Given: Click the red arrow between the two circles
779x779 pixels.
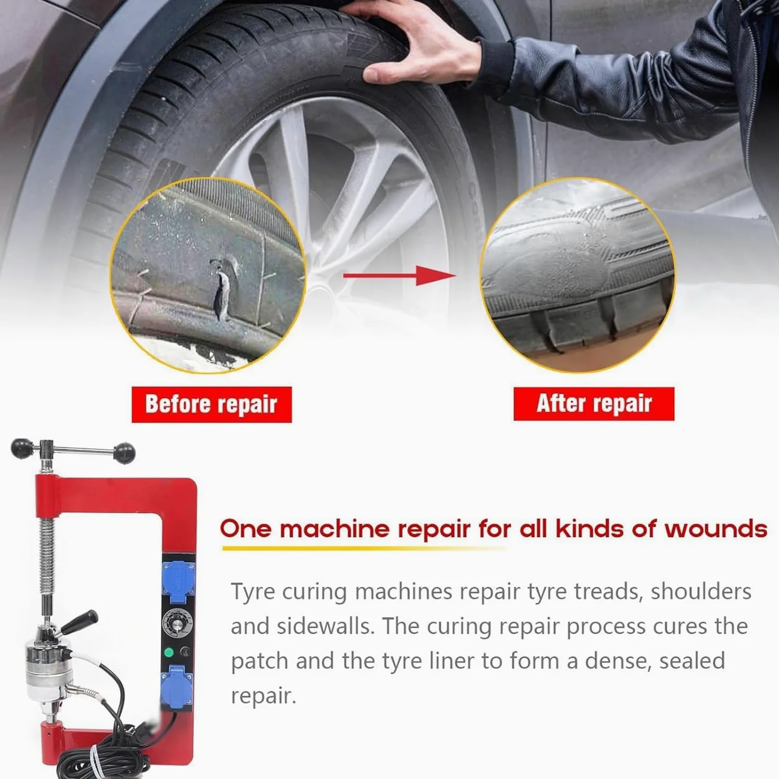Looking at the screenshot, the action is point(400,276).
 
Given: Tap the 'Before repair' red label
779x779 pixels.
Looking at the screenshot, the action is point(212,404).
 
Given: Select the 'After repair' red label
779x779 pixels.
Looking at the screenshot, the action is point(594,404).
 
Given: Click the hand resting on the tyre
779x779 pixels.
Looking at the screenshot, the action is point(416,44).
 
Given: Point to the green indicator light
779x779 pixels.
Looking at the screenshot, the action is point(169,652).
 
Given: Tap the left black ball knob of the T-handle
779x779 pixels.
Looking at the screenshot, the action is point(21,449).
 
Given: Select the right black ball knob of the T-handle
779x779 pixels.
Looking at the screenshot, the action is point(124,453).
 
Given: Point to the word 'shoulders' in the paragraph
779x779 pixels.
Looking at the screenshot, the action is point(701,591).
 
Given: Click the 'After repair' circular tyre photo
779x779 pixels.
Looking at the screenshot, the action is point(577,275).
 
